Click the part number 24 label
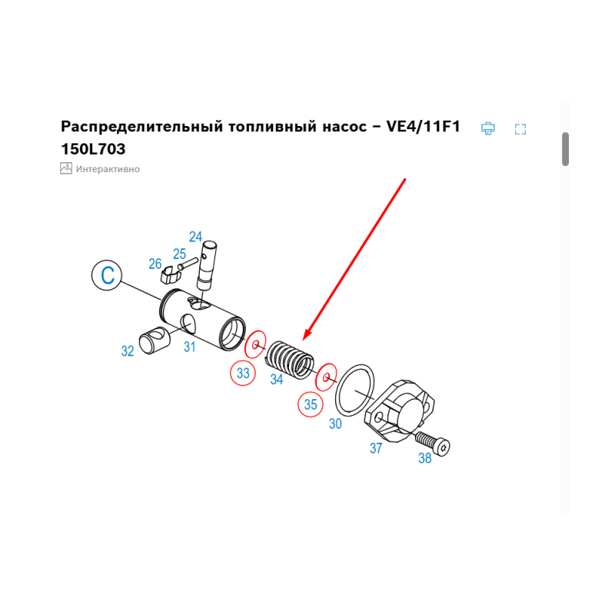(x=195, y=237)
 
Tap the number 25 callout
(x=179, y=254)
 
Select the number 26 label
(x=155, y=264)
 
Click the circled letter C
(x=107, y=275)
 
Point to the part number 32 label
(x=128, y=351)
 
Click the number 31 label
(x=189, y=347)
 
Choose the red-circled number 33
(x=243, y=373)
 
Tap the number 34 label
(x=277, y=379)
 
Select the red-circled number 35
(x=311, y=404)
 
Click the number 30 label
(x=335, y=424)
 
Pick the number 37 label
(x=376, y=448)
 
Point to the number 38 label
(x=425, y=457)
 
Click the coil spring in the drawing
(x=290, y=360)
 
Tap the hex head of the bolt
(x=444, y=447)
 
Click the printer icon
(x=488, y=128)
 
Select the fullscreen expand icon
(x=520, y=129)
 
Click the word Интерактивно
(x=108, y=169)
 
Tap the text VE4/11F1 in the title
(x=424, y=126)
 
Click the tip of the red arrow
(x=303, y=340)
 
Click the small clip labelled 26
(x=169, y=274)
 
